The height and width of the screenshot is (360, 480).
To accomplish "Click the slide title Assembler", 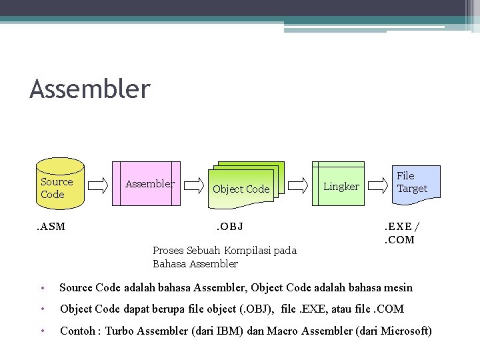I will coord(90,89).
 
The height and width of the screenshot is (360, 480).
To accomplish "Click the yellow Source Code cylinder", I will coord(59,184).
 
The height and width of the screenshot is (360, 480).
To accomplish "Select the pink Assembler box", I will coord(147,184).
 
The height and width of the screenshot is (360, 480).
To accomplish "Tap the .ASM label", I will coord(51,226).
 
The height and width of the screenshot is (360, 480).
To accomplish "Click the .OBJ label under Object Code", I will coord(229,226).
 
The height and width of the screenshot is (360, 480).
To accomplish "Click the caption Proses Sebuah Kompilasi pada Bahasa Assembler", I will coord(224,257).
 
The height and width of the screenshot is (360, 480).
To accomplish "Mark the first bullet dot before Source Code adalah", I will coord(41,288).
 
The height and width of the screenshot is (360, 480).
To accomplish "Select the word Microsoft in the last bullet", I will coord(403,331).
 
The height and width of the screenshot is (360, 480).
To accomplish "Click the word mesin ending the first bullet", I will coord(397,288).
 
